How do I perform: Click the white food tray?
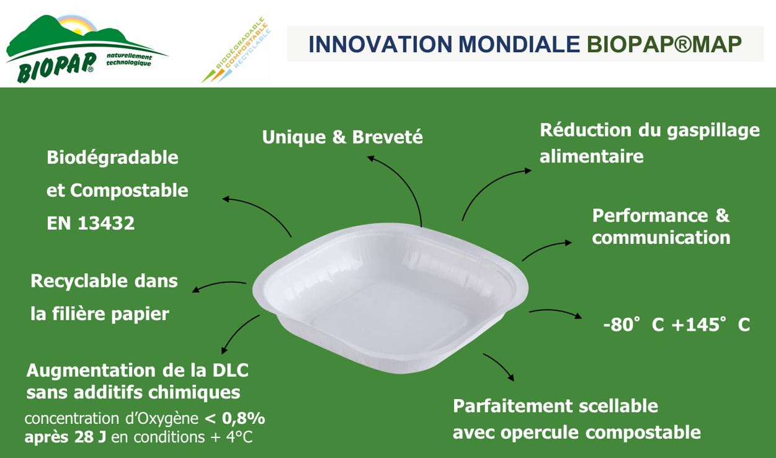tap(390, 298)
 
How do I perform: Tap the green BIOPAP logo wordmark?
tap(56, 68)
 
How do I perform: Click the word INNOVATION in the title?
tap(380, 45)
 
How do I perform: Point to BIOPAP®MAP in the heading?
tap(664, 45)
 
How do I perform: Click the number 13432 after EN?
tap(106, 223)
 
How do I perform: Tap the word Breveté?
tap(387, 137)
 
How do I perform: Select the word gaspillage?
tap(713, 132)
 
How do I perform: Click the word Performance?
tap(650, 215)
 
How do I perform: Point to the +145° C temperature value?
tap(710, 325)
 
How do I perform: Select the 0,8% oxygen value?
tap(244, 418)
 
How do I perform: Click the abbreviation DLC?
tap(230, 370)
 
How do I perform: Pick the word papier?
tap(140, 315)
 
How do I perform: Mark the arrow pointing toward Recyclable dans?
tap(219, 284)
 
